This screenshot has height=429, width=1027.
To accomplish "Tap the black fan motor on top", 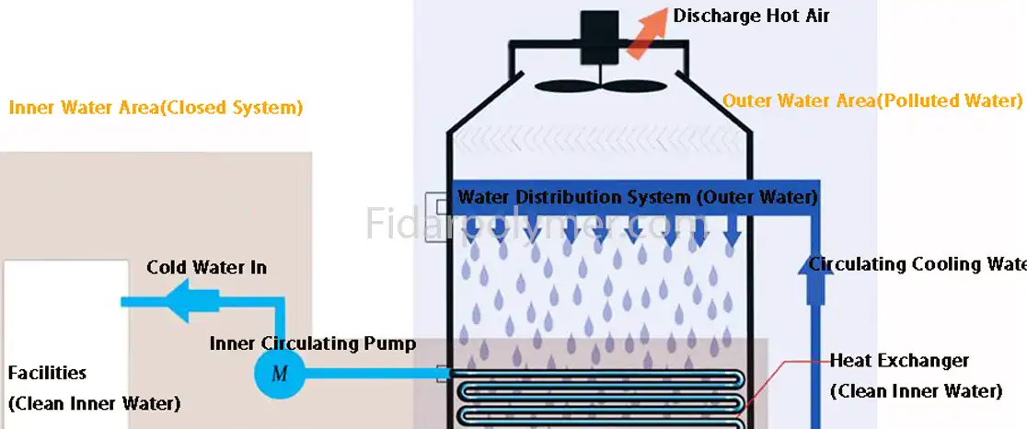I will [x=599, y=38].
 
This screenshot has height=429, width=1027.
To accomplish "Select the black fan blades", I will [x=598, y=86].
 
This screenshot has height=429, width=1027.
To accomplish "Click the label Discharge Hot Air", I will [x=751, y=16].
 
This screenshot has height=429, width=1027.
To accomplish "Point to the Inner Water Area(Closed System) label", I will [x=156, y=108].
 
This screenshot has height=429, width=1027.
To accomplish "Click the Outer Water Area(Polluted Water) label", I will [x=872, y=100].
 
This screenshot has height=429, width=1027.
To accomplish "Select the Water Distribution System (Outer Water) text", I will [x=637, y=197].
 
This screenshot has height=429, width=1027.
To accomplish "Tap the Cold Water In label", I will [x=207, y=268].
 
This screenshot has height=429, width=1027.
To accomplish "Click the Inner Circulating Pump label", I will [x=313, y=344].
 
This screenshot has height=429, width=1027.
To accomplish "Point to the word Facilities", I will [x=47, y=373].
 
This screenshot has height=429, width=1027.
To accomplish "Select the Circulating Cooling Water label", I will [x=917, y=264].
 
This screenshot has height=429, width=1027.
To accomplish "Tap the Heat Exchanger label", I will [x=899, y=361].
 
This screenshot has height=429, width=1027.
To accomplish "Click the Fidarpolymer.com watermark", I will [x=533, y=224].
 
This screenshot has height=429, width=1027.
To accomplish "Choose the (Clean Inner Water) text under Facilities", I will [x=94, y=403].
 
